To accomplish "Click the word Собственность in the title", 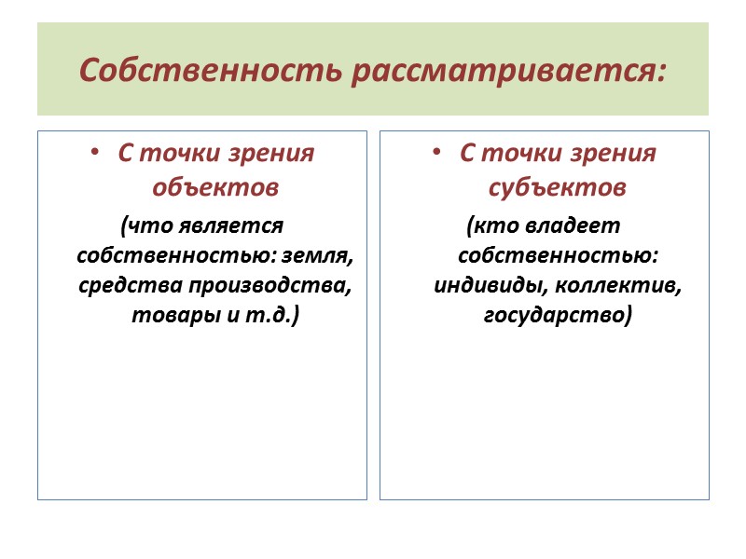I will point(213,69).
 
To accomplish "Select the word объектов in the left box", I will point(215,187).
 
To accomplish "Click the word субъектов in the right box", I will point(558,187).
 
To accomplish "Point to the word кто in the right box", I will point(489,225).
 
